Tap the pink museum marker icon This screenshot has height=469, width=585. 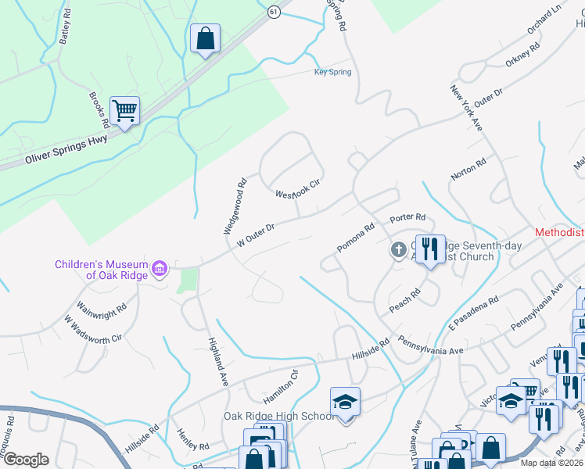coord(160,270)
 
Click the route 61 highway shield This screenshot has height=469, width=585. coord(273,12)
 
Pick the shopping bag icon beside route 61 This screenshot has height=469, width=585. coord(205,38)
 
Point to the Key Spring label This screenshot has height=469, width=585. coord(332,73)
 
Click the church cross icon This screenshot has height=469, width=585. coord(397,250)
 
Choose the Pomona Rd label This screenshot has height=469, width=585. coord(357,238)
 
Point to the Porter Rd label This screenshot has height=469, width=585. coord(408,217)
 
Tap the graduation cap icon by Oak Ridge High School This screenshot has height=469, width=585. coord(345,402)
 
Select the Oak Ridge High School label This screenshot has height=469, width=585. coord(278,416)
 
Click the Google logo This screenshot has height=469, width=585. coord(25,460)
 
